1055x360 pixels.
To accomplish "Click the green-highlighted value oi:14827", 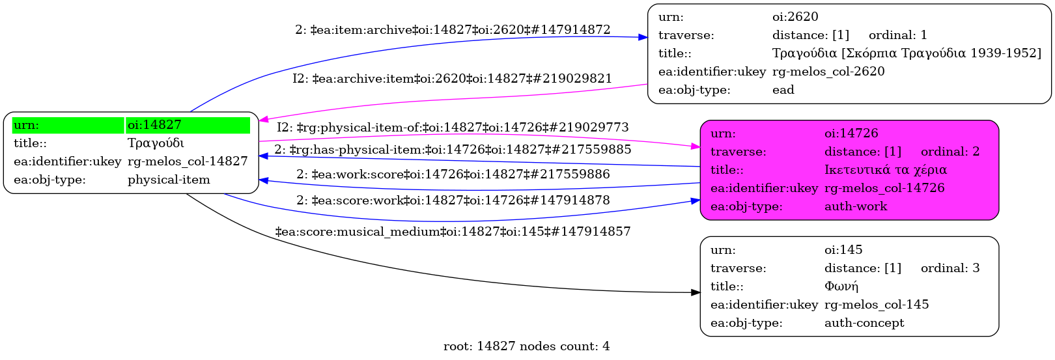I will [x=154, y=125].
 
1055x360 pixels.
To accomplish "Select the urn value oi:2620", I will [x=795, y=17].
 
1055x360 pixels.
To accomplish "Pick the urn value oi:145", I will [x=843, y=250].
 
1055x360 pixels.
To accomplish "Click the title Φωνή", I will [x=841, y=286].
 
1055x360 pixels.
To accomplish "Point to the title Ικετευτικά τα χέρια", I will [x=885, y=170].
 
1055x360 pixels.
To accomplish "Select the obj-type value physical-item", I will [x=169, y=180].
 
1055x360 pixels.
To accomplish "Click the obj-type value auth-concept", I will [x=864, y=323].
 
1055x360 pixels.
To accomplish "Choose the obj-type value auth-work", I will [x=856, y=206].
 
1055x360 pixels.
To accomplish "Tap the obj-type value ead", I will [x=783, y=90].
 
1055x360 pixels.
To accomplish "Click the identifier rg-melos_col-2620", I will [x=828, y=72].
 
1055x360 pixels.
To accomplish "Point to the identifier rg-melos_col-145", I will [x=877, y=305].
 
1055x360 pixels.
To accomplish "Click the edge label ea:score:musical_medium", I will [x=453, y=232].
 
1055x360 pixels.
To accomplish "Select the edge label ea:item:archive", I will [x=453, y=30].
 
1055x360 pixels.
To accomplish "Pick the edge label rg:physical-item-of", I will [x=453, y=128].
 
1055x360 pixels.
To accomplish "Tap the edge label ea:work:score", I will [x=453, y=174].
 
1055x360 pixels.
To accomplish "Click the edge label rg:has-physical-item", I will [x=453, y=150].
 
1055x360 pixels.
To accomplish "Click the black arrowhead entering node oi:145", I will [x=696, y=293].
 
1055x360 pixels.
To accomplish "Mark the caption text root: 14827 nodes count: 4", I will [x=526, y=346].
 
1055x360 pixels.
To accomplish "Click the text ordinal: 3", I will [x=949, y=268].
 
